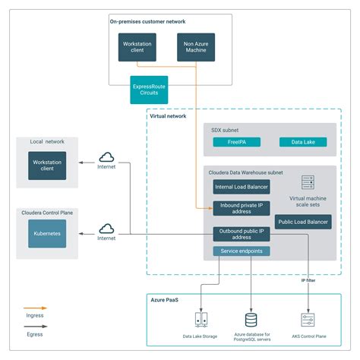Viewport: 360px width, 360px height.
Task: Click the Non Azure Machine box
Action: pyautogui.click(x=196, y=47)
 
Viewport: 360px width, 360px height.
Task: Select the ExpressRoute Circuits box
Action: pyautogui.click(x=149, y=89)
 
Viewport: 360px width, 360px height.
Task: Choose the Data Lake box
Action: pyautogui.click(x=304, y=142)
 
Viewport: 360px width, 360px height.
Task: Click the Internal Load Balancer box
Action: pyautogui.click(x=241, y=185)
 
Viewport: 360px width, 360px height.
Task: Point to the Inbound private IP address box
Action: pyautogui.click(x=241, y=207)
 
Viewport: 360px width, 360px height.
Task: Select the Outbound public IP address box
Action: pyautogui.click(x=241, y=234)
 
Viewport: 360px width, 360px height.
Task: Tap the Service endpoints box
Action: pyautogui.click(x=241, y=251)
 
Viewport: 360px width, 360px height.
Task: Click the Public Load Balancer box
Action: pyautogui.click(x=303, y=223)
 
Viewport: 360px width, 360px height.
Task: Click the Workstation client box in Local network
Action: pyautogui.click(x=47, y=165)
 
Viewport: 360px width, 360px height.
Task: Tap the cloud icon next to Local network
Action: pyautogui.click(x=106, y=156)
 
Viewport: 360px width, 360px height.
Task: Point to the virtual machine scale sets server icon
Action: pyautogui.click(x=308, y=183)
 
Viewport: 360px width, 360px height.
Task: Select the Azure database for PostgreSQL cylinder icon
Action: pyautogui.click(x=251, y=319)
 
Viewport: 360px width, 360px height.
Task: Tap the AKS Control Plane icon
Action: pyautogui.click(x=308, y=320)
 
